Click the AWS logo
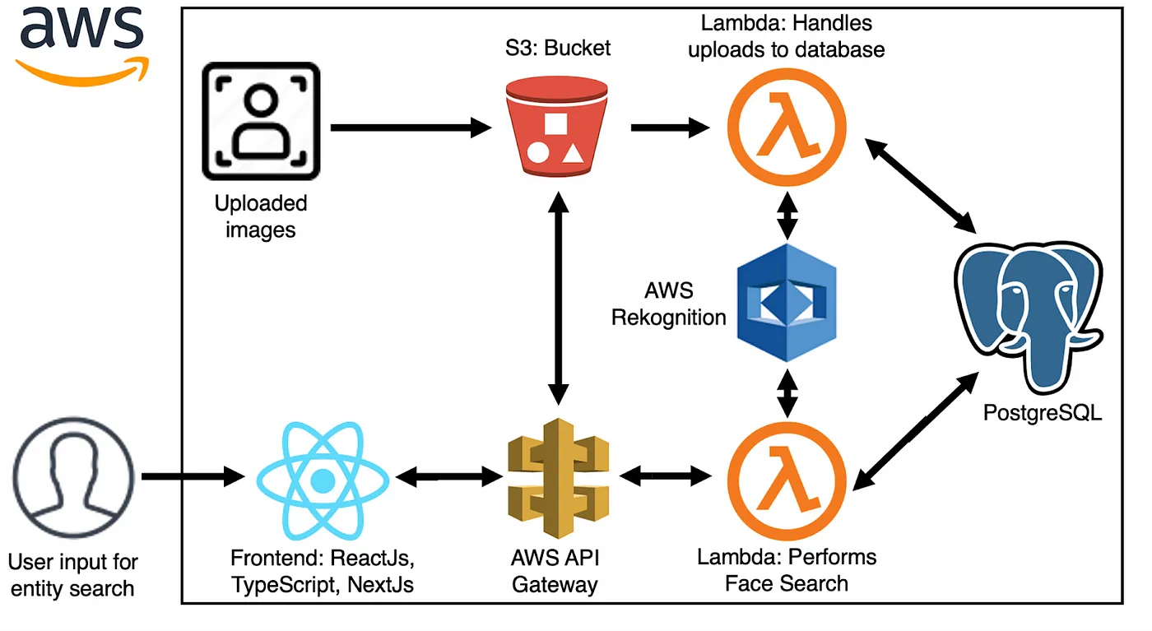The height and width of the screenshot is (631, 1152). coord(82,45)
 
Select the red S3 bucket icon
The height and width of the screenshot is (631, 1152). coord(557,127)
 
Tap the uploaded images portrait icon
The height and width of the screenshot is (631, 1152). coord(262,121)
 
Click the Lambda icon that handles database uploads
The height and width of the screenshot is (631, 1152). coord(787,127)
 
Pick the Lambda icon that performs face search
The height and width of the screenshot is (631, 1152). coord(787,480)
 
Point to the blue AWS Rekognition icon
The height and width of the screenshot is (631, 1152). coord(787,303)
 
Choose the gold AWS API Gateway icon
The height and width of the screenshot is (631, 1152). coord(558,478)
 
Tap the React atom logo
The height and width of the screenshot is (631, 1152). coord(323,480)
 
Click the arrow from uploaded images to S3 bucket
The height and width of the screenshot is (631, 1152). coord(411,128)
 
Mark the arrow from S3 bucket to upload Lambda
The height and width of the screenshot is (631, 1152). coord(671,128)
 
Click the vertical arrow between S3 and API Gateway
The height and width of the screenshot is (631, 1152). coord(559,299)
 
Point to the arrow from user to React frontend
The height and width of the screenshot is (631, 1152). coord(193,476)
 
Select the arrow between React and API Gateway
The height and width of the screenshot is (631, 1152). coord(449,476)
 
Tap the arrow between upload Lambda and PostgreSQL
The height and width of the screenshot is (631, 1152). coord(921,186)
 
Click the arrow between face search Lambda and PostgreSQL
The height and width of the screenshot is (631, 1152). coord(915,431)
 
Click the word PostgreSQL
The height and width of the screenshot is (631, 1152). coord(1043,413)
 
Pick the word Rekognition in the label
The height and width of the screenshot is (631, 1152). coord(668,318)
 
